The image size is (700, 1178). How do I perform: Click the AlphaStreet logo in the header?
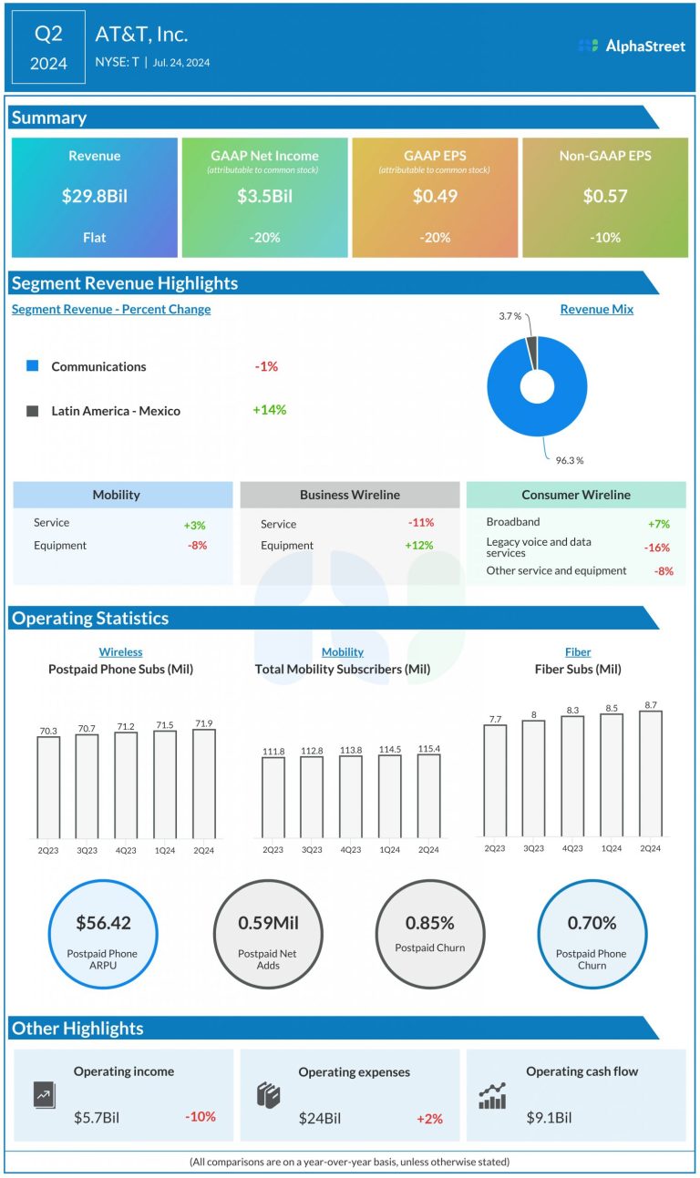click(x=632, y=46)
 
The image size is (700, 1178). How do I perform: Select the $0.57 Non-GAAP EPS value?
click(x=605, y=196)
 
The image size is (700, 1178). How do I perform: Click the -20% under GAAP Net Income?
click(x=265, y=238)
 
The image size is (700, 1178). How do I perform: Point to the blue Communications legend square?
click(x=33, y=366)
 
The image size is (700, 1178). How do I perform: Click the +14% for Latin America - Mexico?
click(x=269, y=410)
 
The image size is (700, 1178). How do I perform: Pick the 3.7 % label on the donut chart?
click(x=510, y=315)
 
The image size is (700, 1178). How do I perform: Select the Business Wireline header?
click(x=350, y=495)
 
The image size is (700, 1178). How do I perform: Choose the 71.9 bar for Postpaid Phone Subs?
click(x=204, y=784)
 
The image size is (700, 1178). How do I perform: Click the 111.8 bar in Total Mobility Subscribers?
click(x=273, y=797)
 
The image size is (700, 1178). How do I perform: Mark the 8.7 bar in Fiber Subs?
click(x=651, y=773)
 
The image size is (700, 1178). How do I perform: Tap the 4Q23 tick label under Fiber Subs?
click(x=572, y=848)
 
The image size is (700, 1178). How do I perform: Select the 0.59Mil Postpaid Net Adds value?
click(x=268, y=923)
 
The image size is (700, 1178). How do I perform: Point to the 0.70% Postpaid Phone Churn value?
click(x=592, y=923)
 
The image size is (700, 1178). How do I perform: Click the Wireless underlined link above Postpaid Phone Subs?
click(x=120, y=652)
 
